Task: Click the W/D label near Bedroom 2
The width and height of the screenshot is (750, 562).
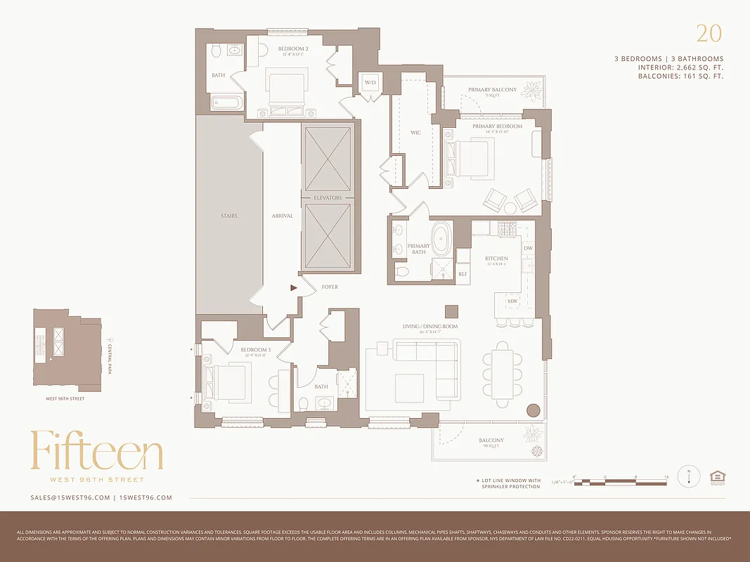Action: tap(370, 83)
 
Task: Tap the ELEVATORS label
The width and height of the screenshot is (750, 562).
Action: tap(328, 198)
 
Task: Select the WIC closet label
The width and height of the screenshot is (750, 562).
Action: tap(415, 132)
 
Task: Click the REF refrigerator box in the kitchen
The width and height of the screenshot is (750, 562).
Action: tap(463, 274)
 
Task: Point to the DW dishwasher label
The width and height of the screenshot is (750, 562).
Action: tap(528, 248)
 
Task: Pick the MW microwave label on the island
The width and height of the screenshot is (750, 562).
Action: tap(512, 301)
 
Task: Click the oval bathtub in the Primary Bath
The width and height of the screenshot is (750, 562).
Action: tap(441, 240)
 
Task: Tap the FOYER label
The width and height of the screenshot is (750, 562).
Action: tap(330, 287)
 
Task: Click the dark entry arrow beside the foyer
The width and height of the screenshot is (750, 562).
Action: tap(294, 287)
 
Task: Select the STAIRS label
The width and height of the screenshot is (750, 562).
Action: tap(228, 216)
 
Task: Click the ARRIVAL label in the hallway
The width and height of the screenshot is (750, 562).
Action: tap(282, 216)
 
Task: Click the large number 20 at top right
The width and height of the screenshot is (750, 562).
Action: tap(709, 33)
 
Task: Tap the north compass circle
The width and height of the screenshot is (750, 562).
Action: tap(689, 477)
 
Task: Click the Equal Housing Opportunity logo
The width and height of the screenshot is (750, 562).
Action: tap(718, 477)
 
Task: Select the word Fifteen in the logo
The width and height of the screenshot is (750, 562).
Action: tap(97, 451)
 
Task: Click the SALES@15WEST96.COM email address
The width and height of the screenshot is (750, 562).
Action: tap(70, 497)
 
